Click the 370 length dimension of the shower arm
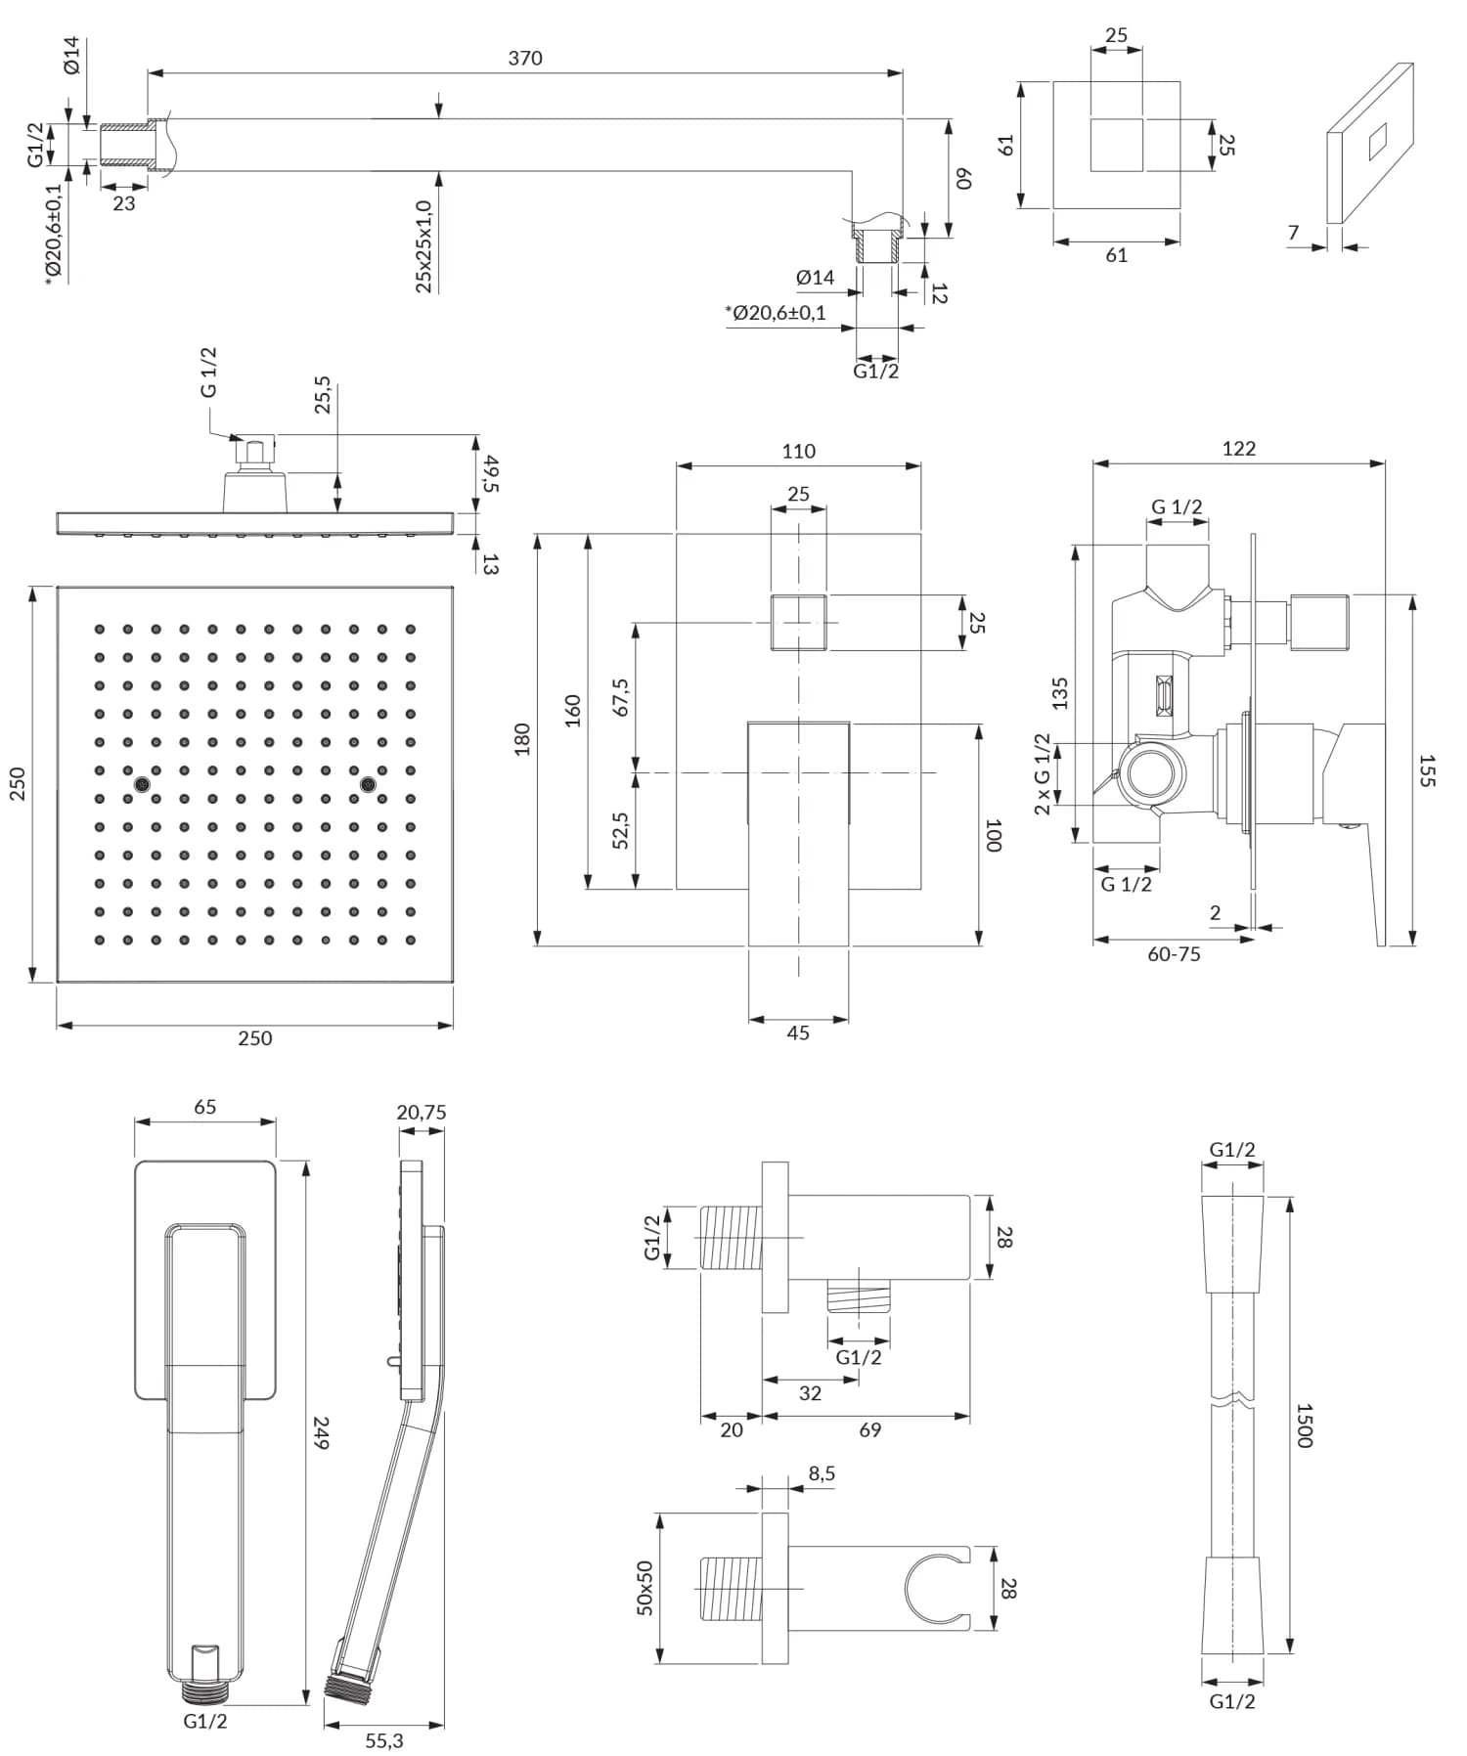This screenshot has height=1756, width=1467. point(525,59)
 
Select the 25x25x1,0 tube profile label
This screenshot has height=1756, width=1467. point(424,246)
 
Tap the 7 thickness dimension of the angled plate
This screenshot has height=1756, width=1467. point(1293,233)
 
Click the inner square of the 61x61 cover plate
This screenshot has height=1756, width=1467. point(1116,145)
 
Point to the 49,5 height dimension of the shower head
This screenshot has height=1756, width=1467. point(489,473)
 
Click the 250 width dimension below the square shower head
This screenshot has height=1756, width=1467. point(254,1037)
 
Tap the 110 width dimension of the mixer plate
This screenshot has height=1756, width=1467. point(798,451)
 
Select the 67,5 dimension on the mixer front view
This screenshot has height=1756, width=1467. point(621,697)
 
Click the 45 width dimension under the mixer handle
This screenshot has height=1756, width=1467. point(798,1032)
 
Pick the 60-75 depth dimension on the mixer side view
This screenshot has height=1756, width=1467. point(1174,954)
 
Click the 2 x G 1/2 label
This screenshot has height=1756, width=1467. point(1043,773)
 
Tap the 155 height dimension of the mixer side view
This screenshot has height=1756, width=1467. point(1426,770)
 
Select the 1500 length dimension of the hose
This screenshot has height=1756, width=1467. point(1304,1426)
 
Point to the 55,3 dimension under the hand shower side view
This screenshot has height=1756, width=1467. point(383,1740)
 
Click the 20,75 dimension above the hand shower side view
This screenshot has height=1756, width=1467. point(422,1112)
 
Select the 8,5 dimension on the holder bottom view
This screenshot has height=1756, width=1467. point(822,1473)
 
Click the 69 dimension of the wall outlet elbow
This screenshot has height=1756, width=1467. point(869,1429)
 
